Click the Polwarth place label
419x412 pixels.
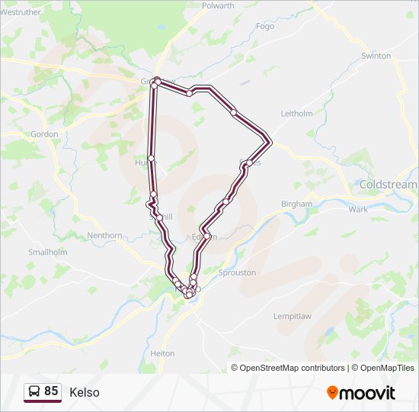218,5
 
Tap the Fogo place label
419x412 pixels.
265,25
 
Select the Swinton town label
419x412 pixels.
376,56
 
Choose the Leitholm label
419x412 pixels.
297,113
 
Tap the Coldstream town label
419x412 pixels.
388,185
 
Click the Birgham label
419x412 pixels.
296,204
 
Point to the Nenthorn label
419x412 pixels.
104,236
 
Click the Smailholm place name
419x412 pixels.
47,252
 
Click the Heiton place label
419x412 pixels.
162,353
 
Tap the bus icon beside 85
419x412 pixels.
34,391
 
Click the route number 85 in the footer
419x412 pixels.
51,391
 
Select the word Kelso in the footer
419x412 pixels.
84,392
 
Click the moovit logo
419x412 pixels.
361,392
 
